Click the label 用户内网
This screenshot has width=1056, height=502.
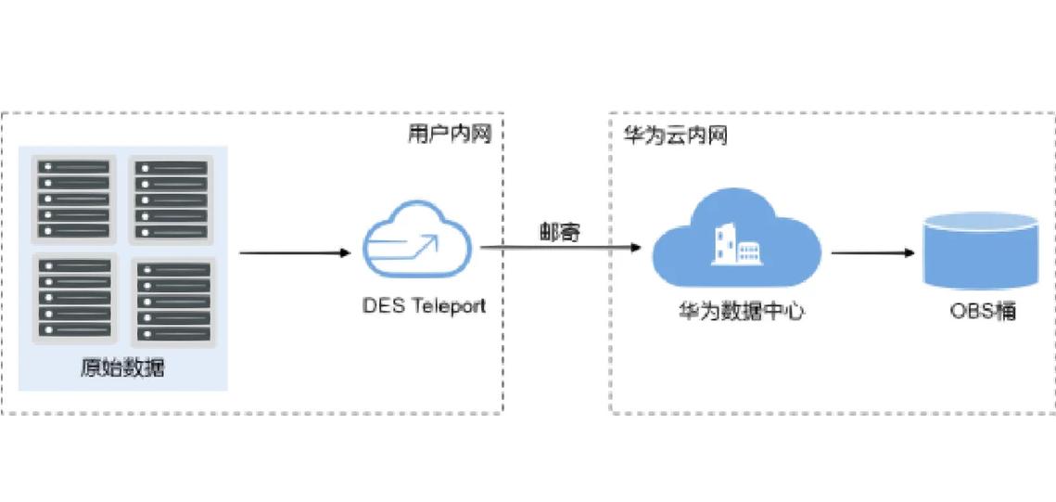(450, 135)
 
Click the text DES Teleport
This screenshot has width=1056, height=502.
(422, 306)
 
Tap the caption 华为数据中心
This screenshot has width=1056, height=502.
(741, 314)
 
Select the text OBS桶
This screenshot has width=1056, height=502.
(983, 312)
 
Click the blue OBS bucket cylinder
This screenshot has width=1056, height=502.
(981, 250)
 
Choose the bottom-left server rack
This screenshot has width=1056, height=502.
(73, 298)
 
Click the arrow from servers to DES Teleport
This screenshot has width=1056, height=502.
(295, 253)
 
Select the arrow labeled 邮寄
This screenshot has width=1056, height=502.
(560, 248)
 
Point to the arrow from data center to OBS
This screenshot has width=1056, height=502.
(872, 253)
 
